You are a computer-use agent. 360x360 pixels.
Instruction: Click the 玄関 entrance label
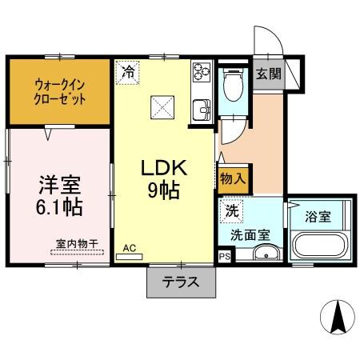268,74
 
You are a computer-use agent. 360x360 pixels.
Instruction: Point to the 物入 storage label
233,178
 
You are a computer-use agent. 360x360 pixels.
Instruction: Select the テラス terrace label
181,282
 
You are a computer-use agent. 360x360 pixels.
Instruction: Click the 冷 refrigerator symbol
128,72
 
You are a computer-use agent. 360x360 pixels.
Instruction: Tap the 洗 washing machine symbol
230,213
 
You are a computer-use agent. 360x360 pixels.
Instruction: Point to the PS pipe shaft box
223,256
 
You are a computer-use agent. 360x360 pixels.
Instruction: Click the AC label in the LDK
129,248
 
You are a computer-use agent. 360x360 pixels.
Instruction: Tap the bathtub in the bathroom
320,246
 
